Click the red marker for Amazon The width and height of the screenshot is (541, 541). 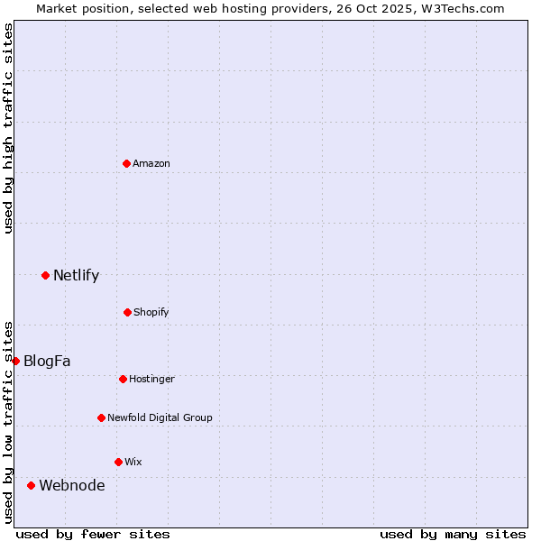127,163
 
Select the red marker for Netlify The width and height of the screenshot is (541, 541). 45,275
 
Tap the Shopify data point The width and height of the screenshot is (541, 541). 127,312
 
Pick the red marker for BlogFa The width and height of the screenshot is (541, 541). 15,361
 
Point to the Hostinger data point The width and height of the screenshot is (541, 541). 123,379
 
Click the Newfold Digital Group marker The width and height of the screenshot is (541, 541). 101,417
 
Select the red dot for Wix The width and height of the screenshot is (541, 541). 118,462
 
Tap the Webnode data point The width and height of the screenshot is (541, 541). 31,485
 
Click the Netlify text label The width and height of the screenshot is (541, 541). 76,275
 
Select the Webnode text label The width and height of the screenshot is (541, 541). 71,485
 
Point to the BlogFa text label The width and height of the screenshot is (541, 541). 47,361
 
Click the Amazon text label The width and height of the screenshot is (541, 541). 151,163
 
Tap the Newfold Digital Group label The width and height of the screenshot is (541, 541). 160,417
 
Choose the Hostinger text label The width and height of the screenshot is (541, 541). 151,379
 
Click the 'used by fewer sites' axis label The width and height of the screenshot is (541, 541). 93,534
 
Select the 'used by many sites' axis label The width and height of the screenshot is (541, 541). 453,534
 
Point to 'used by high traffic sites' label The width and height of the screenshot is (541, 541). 8,128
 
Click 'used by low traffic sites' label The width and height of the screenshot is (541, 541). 8,421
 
